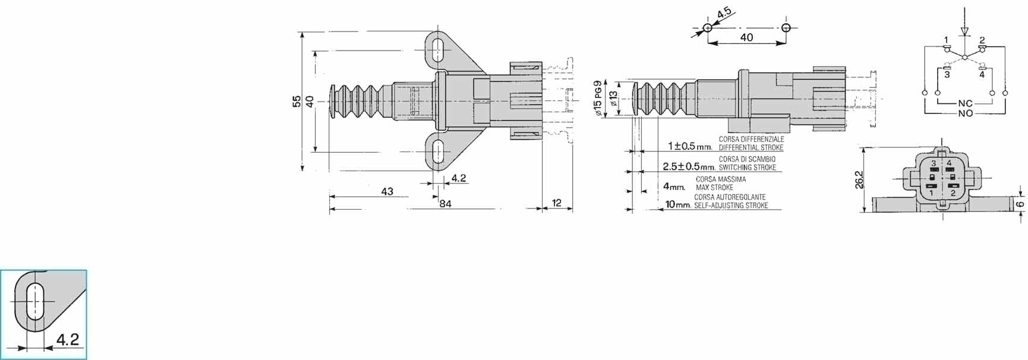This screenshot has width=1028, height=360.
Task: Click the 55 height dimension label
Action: tap(297, 102)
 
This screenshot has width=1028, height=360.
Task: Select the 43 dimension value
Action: tap(387, 191)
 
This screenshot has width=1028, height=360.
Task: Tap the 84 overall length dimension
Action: tap(445, 204)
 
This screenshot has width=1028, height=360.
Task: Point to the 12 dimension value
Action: tap(557, 203)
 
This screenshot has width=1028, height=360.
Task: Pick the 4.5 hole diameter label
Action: tap(724, 13)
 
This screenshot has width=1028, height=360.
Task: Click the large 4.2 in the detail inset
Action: tap(67, 339)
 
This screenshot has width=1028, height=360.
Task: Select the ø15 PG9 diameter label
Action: tap(598, 99)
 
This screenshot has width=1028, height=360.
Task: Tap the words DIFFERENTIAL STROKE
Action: tap(751, 147)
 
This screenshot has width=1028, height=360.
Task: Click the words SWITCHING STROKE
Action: tap(748, 168)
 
